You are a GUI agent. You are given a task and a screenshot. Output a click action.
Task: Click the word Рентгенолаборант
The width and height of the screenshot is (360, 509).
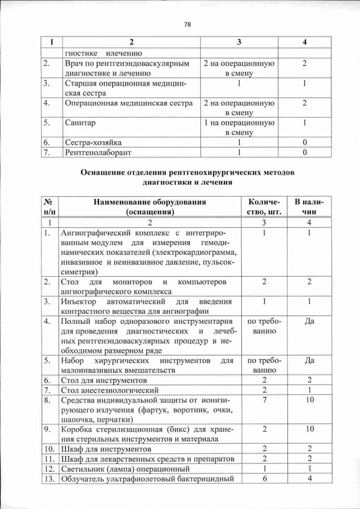(97, 152)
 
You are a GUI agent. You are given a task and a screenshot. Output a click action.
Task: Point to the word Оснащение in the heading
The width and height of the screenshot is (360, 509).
(103, 173)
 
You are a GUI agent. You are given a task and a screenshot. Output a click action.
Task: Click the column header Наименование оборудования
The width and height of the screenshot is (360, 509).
(150, 201)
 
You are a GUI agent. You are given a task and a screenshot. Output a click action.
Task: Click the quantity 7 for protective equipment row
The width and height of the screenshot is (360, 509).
(263, 399)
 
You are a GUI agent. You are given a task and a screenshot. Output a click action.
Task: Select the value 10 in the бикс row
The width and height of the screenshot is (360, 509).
(309, 429)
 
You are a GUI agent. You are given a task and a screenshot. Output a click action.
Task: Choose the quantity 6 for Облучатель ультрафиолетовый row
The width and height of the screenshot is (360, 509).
(263, 479)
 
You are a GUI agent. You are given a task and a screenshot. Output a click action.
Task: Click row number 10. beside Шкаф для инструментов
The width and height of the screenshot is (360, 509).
(49, 449)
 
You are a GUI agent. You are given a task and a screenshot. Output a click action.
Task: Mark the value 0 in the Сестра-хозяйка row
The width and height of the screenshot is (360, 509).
(304, 143)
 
